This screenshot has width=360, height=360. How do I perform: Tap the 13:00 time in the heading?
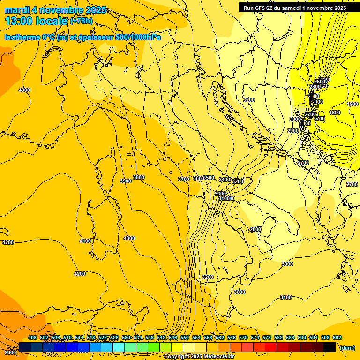[18, 21]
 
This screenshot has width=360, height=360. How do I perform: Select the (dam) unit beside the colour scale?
[347, 347]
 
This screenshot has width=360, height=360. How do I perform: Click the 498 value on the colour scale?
[32, 337]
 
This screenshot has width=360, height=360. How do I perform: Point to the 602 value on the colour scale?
[337, 337]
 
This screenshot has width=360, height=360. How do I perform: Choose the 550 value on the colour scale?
[185, 337]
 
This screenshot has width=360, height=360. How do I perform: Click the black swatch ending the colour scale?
[330, 347]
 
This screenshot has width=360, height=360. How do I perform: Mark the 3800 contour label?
[139, 177]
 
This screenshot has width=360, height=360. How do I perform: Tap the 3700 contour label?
[183, 179]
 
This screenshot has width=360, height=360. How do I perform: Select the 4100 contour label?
[85, 241]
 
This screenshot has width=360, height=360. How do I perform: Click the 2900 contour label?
[293, 131]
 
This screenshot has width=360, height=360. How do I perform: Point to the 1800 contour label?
[335, 112]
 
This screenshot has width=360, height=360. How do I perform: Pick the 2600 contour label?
[315, 87]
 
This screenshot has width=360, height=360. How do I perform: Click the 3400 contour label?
[225, 180]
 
